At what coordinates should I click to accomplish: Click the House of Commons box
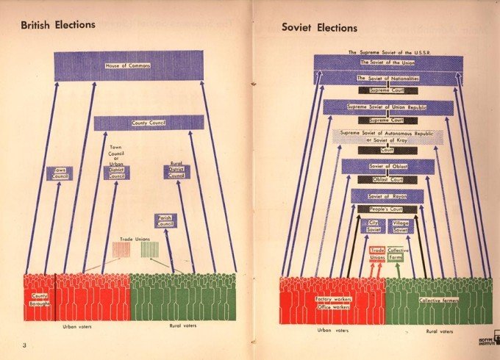pos(128,65)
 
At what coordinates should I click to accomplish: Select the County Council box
pos(149,123)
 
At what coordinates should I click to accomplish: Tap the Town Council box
pos(60,173)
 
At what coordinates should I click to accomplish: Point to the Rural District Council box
pos(176,172)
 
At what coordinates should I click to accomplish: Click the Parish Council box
pos(165,220)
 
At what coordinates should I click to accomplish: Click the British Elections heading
pos(58,24)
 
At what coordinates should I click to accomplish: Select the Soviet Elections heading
pos(319,28)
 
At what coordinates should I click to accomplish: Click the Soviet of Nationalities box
pos(387,78)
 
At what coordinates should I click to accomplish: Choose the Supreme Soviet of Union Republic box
pos(387,107)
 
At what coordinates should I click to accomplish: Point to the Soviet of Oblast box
pos(387,166)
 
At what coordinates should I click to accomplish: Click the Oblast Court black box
pos(387,179)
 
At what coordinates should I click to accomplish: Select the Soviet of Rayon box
pos(387,196)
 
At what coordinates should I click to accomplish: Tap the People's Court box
pos(387,209)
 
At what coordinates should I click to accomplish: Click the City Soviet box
pos(375,226)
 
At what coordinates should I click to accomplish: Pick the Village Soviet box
pos(401,226)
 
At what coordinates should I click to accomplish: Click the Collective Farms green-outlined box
pos(398,254)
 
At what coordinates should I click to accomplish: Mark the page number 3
pos(24,345)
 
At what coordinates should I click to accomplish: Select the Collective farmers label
pos(440,300)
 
